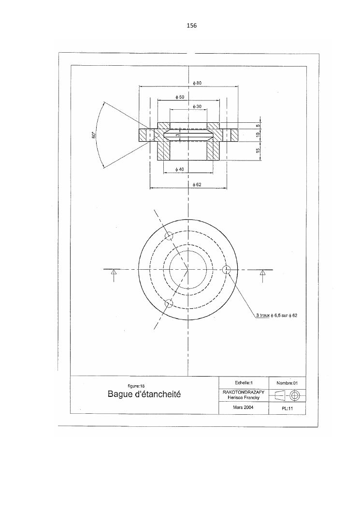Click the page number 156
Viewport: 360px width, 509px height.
point(191,25)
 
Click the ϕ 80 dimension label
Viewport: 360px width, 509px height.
point(197,83)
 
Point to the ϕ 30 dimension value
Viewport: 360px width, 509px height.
point(197,106)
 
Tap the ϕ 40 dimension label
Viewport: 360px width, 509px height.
point(179,169)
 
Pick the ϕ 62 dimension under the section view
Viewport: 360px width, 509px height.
point(197,184)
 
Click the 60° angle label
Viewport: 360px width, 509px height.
point(94,135)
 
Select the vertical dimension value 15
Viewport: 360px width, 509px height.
point(258,151)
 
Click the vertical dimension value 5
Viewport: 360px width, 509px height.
point(258,126)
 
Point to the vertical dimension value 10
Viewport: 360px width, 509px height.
point(258,135)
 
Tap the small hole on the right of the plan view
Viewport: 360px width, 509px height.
point(226,269)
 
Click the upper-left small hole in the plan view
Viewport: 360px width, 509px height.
point(169,236)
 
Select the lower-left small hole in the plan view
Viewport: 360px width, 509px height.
point(169,303)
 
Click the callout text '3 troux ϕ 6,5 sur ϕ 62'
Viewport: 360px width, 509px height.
point(276,315)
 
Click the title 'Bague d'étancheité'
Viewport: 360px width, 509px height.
point(144,394)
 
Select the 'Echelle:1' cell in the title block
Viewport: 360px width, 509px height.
point(244,383)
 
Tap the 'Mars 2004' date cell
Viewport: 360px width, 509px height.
point(244,407)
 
